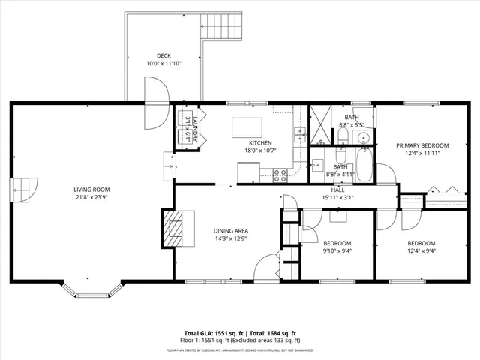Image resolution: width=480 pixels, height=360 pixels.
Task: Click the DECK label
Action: [x=163, y=55]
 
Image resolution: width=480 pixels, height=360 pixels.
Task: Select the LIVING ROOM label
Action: [x=91, y=190]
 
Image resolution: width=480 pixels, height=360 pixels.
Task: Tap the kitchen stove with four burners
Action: [x=281, y=175]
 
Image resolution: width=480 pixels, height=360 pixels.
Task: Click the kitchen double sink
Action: [x=300, y=135]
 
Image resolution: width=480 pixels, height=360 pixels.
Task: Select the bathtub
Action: [x=364, y=165]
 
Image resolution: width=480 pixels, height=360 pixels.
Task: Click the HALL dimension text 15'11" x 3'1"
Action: [x=337, y=198]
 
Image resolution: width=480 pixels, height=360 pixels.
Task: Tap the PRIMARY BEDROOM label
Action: [x=422, y=145]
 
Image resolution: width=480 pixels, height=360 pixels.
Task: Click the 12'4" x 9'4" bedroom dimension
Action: [x=421, y=252]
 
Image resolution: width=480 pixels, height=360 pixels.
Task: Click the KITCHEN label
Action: [x=260, y=142]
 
